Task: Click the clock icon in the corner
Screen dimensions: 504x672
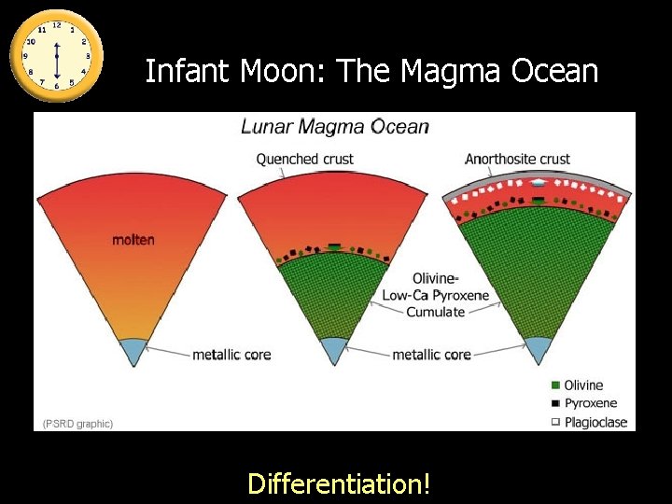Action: pyautogui.click(x=56, y=54)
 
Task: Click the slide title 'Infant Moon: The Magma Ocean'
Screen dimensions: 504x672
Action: pyautogui.click(x=371, y=71)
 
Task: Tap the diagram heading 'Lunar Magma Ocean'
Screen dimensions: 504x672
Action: pyautogui.click(x=335, y=127)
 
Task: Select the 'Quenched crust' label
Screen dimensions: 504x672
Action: pyautogui.click(x=305, y=160)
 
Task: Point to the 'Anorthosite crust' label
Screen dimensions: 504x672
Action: pyautogui.click(x=517, y=160)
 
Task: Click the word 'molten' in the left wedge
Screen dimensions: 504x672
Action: pyautogui.click(x=133, y=240)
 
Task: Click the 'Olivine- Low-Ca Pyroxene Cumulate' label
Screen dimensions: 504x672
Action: pyautogui.click(x=435, y=295)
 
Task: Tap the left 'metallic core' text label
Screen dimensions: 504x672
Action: pyautogui.click(x=231, y=355)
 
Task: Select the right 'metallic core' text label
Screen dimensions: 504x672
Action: pyautogui.click(x=431, y=355)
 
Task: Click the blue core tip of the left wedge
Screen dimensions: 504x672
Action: pyautogui.click(x=133, y=350)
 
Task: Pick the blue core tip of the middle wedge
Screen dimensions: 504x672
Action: pyautogui.click(x=333, y=350)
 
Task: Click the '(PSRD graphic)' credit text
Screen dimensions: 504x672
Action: pyautogui.click(x=78, y=424)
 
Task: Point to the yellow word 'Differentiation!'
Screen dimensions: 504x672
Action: pyautogui.click(x=339, y=483)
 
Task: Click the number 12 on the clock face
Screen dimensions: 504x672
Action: pyautogui.click(x=56, y=25)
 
